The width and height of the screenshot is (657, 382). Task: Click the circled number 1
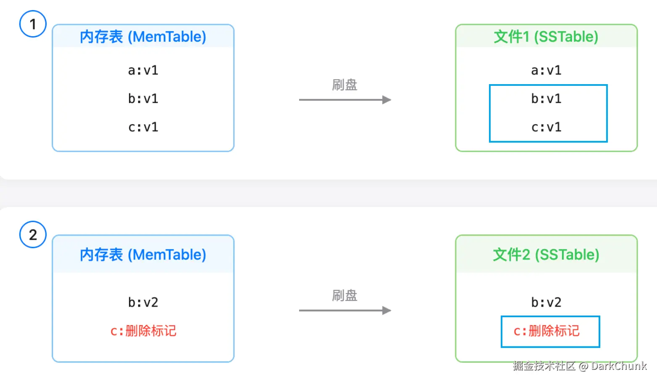pos(33,24)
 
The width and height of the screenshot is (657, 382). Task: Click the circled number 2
pos(33,235)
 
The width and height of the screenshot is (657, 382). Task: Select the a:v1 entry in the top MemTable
pos(143,70)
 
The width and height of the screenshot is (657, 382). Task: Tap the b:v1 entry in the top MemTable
pos(143,98)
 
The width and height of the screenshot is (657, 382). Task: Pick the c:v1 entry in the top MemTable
pos(143,127)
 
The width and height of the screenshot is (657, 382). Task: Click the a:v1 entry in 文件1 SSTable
pos(546,70)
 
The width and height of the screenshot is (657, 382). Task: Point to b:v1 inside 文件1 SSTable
pos(546,98)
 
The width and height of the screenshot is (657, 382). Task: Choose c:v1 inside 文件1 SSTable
pos(546,127)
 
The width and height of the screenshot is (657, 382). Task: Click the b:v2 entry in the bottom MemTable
pos(143,302)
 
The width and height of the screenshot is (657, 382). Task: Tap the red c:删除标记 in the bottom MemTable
pos(143,331)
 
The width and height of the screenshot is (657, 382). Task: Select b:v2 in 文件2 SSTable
pos(546,302)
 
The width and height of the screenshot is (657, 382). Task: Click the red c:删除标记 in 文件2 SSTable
pos(547,331)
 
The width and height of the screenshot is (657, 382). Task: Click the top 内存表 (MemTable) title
pos(143,37)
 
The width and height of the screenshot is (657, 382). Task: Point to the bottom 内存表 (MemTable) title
pos(143,255)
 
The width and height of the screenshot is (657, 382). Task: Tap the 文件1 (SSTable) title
pos(546,37)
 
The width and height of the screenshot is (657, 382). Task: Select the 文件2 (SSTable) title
pos(546,255)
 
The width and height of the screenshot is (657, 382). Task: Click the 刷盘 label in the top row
pos(344,85)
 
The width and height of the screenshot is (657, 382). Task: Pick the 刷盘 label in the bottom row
pos(344,295)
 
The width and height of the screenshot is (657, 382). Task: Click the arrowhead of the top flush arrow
pos(387,100)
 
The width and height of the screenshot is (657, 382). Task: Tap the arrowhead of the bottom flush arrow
pos(387,310)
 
